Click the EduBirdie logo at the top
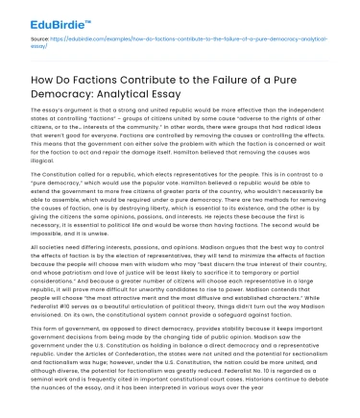[51, 17]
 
